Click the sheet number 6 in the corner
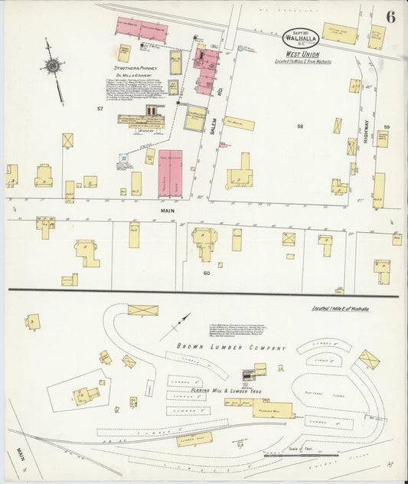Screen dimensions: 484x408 coord(390,17)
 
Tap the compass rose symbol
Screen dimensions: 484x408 coord(52,68)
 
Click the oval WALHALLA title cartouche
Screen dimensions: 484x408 coord(301,37)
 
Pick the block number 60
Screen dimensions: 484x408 coord(206,273)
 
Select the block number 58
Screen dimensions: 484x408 coord(300,126)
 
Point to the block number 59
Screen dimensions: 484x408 coord(387,126)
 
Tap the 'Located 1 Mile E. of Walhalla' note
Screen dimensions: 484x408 coord(340,309)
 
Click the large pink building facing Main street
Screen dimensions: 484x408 coord(170,174)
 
